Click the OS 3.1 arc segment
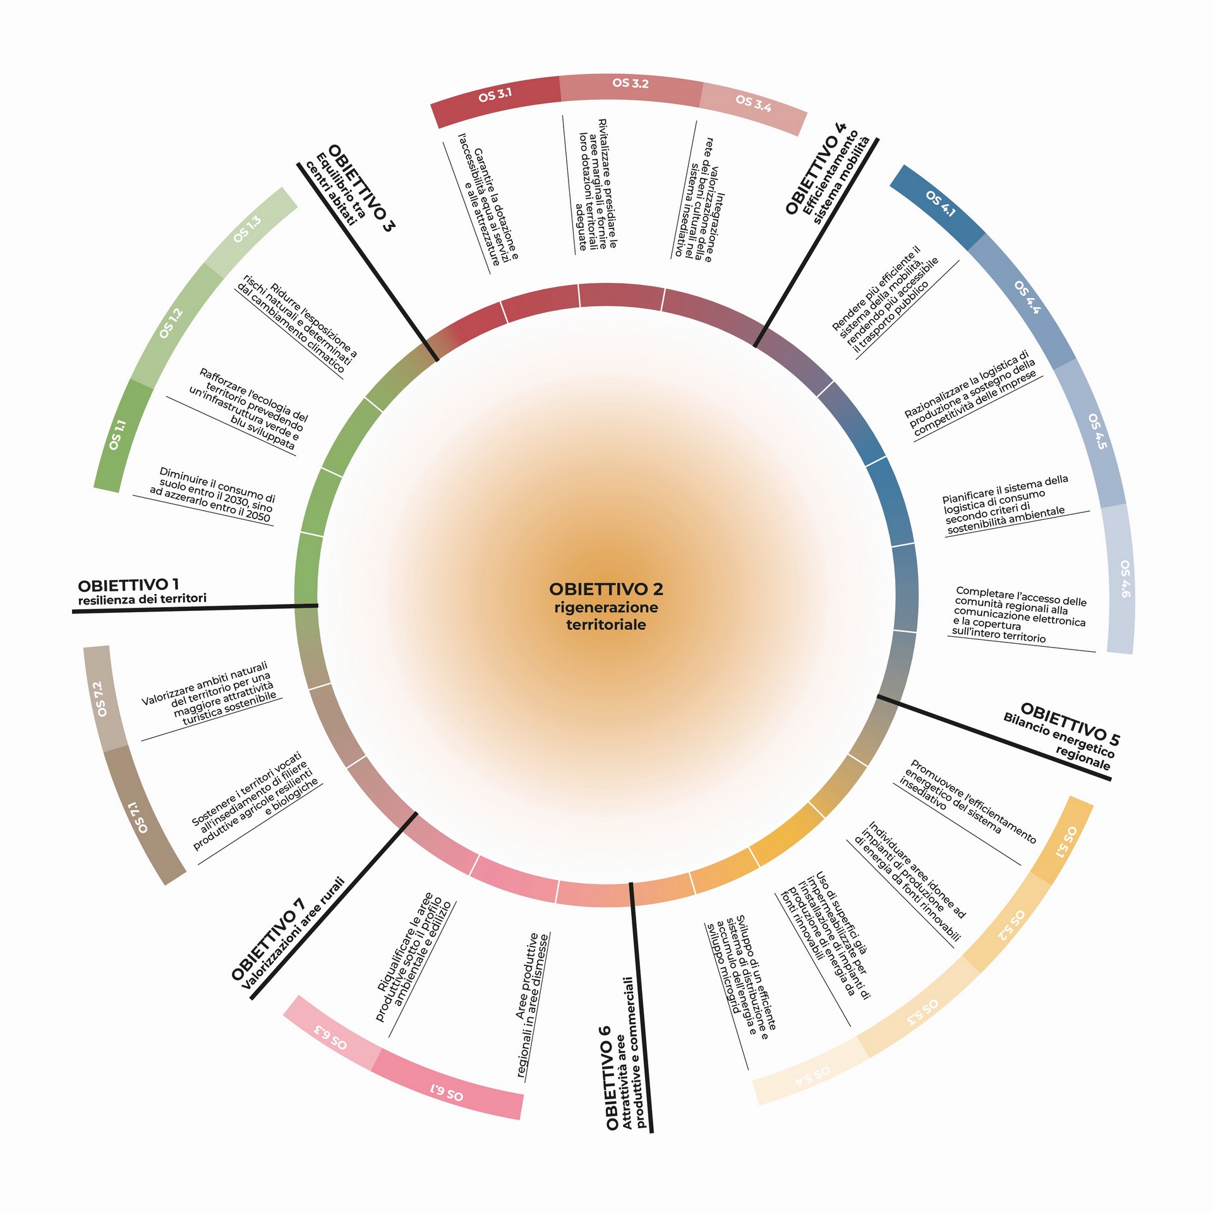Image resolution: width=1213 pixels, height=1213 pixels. [x=495, y=98]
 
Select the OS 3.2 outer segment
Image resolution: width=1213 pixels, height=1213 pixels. [x=631, y=88]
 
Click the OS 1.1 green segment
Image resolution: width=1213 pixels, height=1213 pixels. [x=121, y=436]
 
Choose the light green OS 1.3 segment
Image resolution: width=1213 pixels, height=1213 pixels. [x=250, y=231]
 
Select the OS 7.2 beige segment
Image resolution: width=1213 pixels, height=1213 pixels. [x=104, y=698]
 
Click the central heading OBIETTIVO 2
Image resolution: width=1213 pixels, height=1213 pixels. [x=606, y=589]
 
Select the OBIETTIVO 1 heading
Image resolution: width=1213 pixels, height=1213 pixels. [x=128, y=584]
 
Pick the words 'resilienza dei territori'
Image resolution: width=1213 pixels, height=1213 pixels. [x=142, y=599]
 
